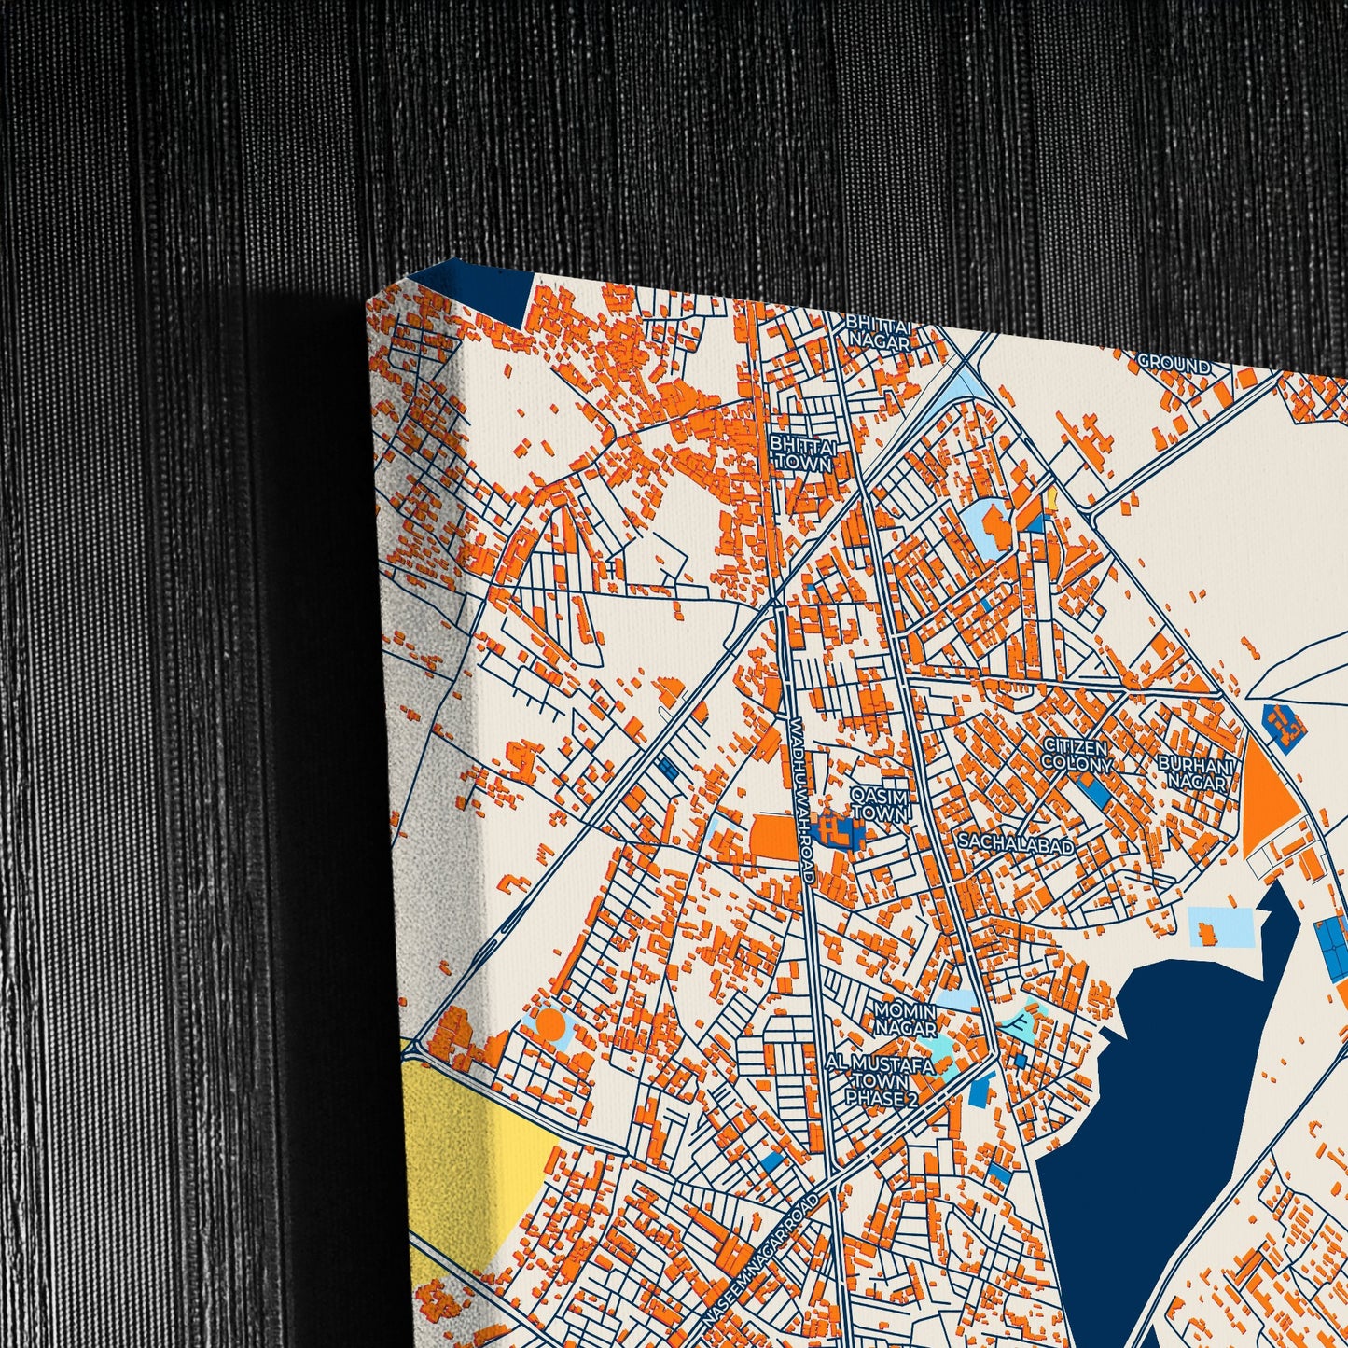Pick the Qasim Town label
pyautogui.click(x=878, y=803)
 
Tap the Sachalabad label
pyautogui.click(x=1016, y=842)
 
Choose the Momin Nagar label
pyautogui.click(x=904, y=1019)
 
